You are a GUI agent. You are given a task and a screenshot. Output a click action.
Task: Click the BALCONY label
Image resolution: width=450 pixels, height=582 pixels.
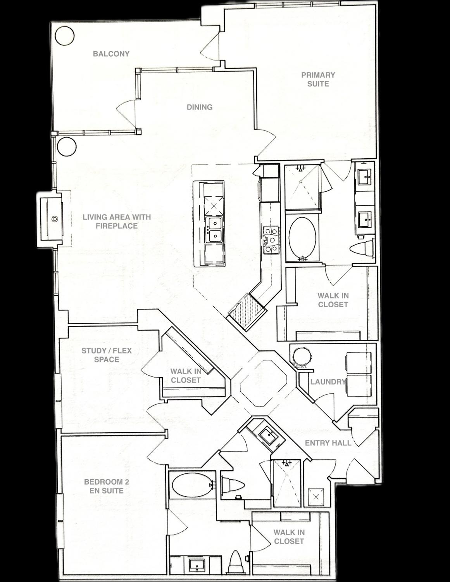111,54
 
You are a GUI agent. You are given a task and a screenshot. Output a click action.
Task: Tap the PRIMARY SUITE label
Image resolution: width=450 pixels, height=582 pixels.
318,79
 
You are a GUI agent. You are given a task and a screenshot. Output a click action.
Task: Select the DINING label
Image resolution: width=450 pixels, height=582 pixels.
200,107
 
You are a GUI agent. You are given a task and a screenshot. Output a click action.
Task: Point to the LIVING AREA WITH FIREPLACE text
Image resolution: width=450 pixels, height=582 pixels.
117,221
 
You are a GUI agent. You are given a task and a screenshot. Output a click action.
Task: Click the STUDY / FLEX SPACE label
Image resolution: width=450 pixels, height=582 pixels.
107,355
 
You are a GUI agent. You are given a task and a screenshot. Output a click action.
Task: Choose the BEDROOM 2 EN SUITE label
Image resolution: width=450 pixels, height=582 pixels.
107,486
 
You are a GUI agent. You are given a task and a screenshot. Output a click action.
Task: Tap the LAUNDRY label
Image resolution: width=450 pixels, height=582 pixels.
328,382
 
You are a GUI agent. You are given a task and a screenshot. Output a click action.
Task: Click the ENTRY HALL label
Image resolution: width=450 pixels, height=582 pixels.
328,443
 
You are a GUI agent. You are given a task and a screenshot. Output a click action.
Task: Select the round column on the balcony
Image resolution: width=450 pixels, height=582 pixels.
64,36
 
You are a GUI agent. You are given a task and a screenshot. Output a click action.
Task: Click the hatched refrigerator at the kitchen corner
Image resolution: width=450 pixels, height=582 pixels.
247,310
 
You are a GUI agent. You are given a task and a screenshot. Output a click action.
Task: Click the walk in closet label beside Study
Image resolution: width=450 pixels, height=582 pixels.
186,376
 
